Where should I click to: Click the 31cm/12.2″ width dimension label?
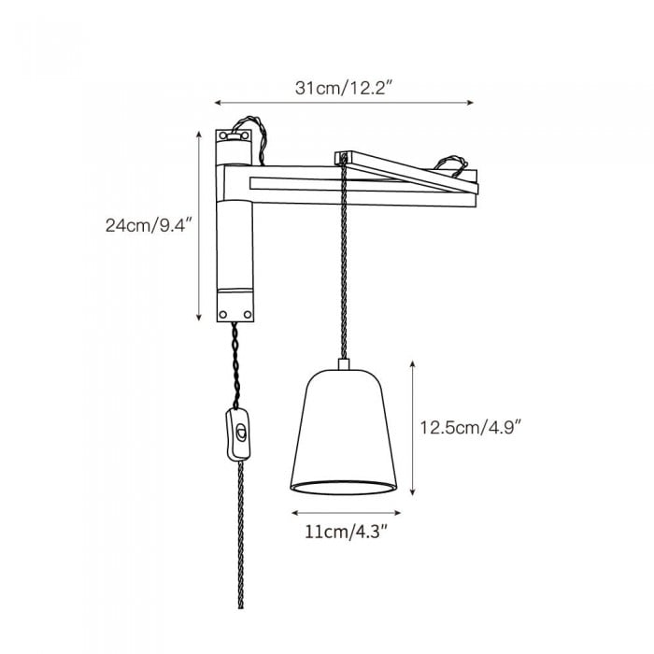click(344, 88)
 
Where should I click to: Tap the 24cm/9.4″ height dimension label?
click(149, 225)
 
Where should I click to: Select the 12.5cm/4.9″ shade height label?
click(471, 428)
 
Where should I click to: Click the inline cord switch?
click(238, 434)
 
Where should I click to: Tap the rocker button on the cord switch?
click(240, 432)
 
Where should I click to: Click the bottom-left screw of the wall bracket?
click(222, 314)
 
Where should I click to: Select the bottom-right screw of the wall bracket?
click(248, 314)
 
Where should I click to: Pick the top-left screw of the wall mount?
click(222, 136)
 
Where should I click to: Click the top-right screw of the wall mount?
click(245, 136)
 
